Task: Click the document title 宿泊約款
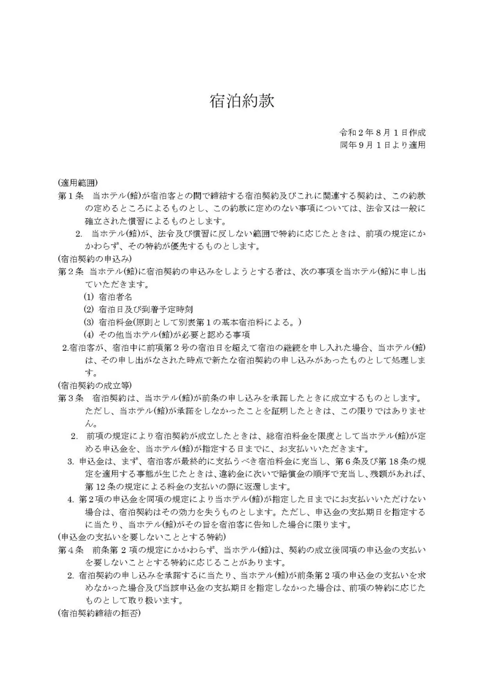point(242,101)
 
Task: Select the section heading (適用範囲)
point(77,182)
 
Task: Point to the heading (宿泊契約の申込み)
point(95,259)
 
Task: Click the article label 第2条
point(70,271)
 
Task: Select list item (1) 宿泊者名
point(108,297)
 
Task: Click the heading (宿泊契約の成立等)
point(95,385)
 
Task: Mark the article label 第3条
point(70,398)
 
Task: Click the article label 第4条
point(70,550)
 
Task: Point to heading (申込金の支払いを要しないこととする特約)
point(141,537)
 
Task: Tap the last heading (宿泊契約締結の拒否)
point(99,614)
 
